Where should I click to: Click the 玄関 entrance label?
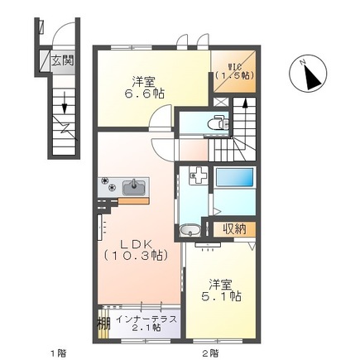click(63, 60)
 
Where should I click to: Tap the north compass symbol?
click(308, 74)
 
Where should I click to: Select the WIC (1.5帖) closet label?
click(234, 71)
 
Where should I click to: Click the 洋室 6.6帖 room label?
click(143, 87)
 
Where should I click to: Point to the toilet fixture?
click(218, 122)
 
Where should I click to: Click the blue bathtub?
click(234, 177)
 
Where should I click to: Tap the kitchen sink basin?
click(134, 187)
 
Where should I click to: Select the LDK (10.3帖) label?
click(136, 250)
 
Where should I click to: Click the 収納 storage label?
click(234, 228)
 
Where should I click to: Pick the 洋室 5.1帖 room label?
click(222, 290)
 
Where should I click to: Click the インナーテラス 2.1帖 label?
click(146, 324)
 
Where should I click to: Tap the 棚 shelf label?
click(103, 324)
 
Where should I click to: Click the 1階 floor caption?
click(58, 353)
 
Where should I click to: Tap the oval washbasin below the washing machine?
click(190, 230)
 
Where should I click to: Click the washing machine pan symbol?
click(199, 175)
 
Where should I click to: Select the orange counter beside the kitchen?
click(134, 201)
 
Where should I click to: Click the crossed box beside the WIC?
click(221, 102)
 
